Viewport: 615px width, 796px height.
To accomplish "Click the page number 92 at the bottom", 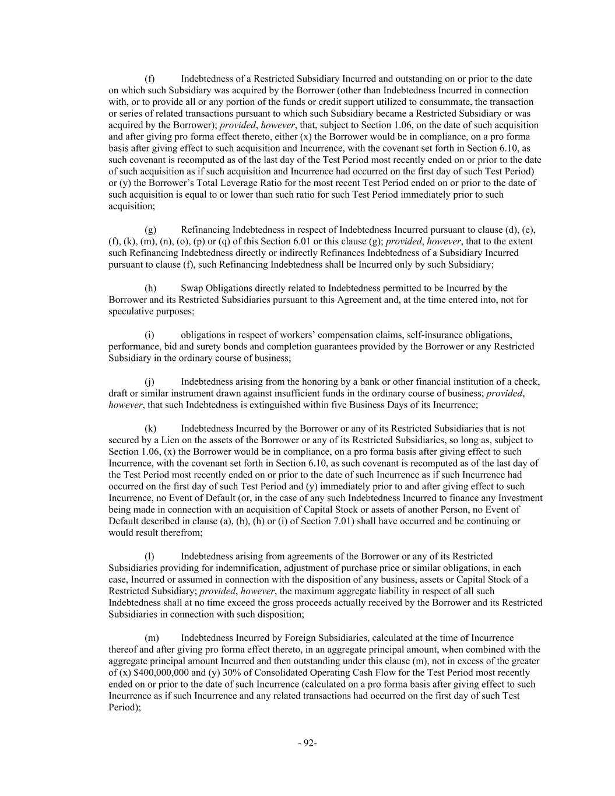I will [307, 743].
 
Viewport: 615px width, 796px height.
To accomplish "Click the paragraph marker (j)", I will [150, 382].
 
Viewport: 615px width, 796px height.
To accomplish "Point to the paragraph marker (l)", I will [149, 556].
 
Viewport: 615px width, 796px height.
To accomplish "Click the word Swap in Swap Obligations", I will [191, 288].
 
